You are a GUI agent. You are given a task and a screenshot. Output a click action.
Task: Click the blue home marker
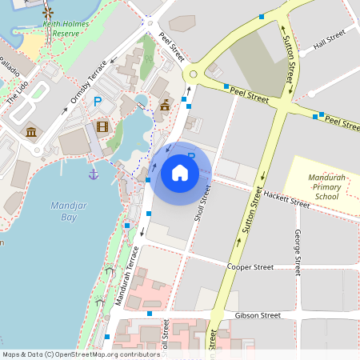(x=180, y=172)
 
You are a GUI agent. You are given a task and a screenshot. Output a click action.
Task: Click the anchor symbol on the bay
(x=94, y=173)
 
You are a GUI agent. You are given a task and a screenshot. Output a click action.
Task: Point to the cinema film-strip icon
(x=102, y=126)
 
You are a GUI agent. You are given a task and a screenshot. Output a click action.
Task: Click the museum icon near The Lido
(x=31, y=131)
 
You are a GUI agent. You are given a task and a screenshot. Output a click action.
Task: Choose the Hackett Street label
(x=286, y=201)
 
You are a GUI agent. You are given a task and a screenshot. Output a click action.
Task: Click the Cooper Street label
(x=252, y=266)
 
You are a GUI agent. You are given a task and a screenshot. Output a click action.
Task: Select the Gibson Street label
(x=258, y=316)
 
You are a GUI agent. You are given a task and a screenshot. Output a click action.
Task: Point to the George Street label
(x=297, y=252)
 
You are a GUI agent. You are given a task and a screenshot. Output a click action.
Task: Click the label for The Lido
(x=18, y=94)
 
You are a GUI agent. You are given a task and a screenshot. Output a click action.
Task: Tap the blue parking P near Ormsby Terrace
(x=98, y=102)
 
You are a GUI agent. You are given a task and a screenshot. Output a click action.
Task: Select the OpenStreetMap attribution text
(x=80, y=354)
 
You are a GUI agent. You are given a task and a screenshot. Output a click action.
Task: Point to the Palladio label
(x=10, y=66)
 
